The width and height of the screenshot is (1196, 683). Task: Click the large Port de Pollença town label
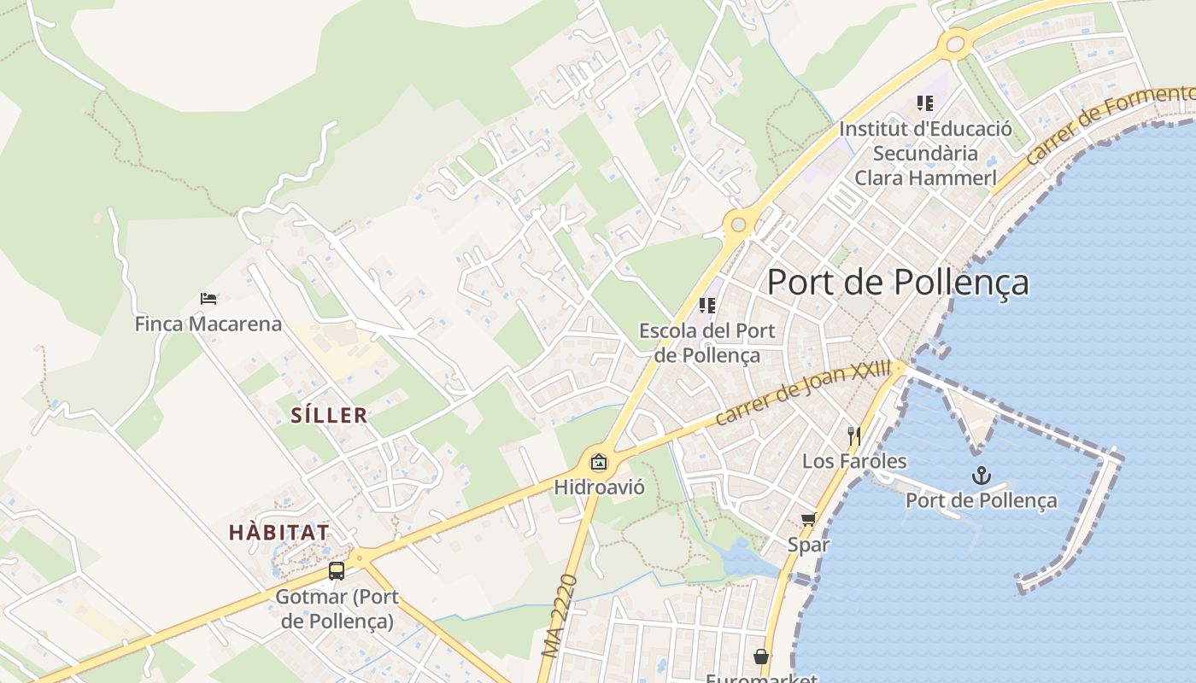pyautogui.click(x=898, y=283)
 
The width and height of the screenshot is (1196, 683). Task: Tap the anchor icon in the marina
pyautogui.click(x=982, y=476)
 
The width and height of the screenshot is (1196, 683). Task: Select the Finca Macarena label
pyautogui.click(x=208, y=324)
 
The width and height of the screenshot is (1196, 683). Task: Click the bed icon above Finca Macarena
pyautogui.click(x=208, y=299)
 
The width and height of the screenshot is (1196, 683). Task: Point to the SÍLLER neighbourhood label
pyautogui.click(x=329, y=416)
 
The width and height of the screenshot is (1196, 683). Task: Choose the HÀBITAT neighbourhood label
pyautogui.click(x=278, y=532)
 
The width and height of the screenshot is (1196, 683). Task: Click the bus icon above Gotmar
pyautogui.click(x=337, y=570)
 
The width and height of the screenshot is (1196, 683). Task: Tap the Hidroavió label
pyautogui.click(x=599, y=487)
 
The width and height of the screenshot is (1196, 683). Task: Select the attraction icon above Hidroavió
pyautogui.click(x=599, y=463)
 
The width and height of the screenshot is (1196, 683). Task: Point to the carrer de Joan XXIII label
pyautogui.click(x=802, y=394)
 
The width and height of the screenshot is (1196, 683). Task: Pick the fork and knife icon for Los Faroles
pyautogui.click(x=853, y=436)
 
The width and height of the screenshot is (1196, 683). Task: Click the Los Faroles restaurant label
pyautogui.click(x=853, y=462)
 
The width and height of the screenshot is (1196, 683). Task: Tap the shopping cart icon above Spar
pyautogui.click(x=808, y=519)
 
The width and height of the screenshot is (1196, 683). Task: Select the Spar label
pyautogui.click(x=808, y=544)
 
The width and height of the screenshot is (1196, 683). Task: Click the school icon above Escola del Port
pyautogui.click(x=706, y=305)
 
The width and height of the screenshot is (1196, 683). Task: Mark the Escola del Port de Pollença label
pyautogui.click(x=706, y=342)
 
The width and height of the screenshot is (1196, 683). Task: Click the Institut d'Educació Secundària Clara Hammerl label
pyautogui.click(x=925, y=154)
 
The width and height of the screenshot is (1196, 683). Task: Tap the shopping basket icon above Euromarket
pyautogui.click(x=760, y=657)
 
